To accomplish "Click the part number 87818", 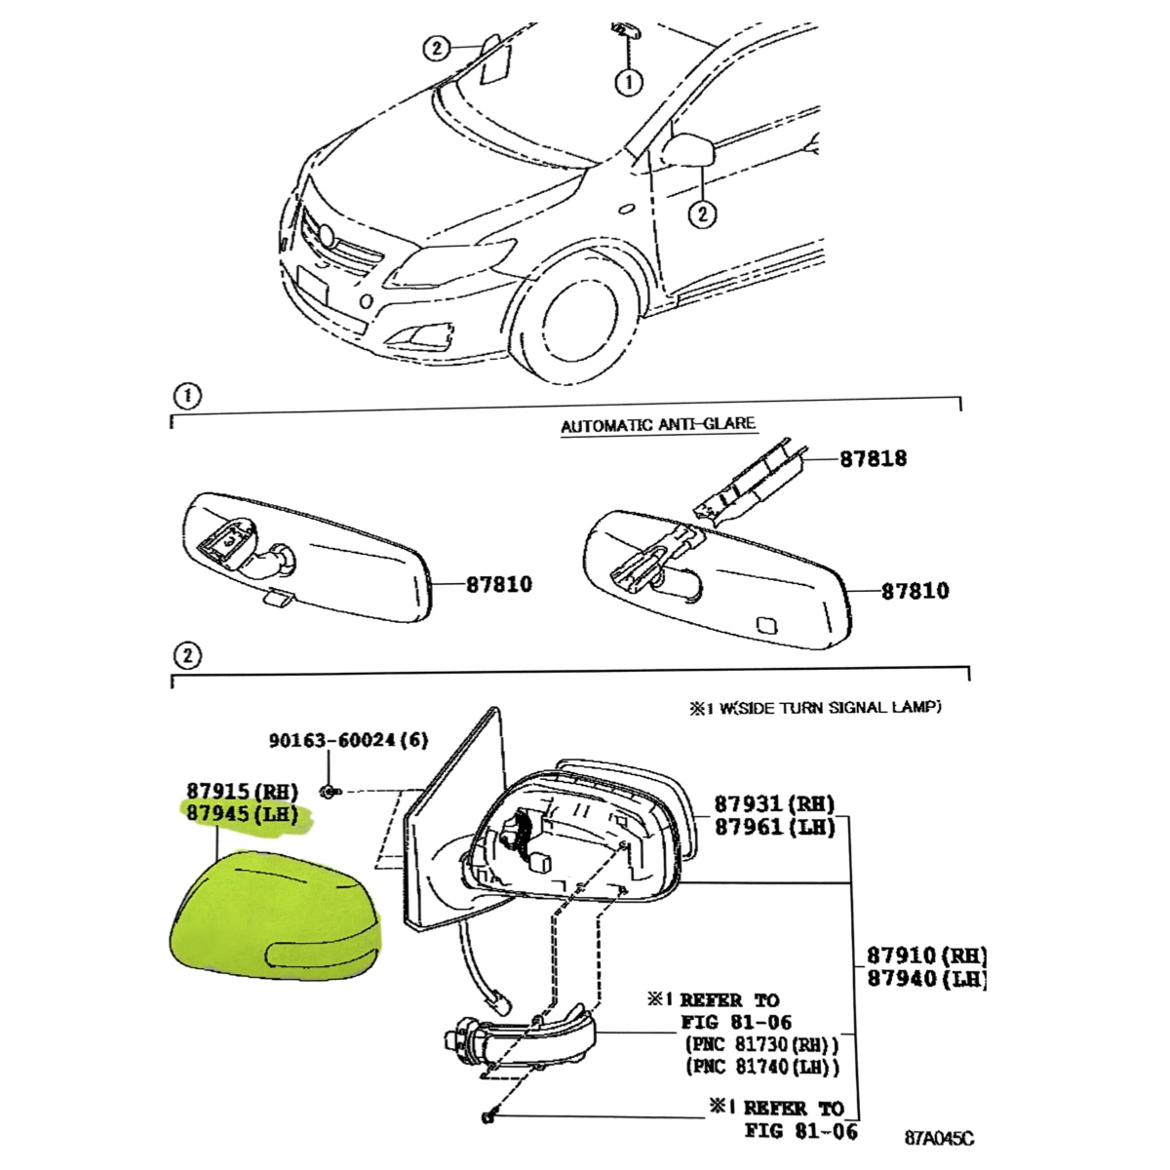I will pyautogui.click(x=873, y=457).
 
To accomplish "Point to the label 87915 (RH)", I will pyautogui.click(x=242, y=791).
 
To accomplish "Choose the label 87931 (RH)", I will pyautogui.click(x=774, y=804).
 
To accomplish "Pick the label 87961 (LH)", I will pyautogui.click(x=774, y=828).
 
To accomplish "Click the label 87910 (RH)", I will pyautogui.click(x=926, y=955).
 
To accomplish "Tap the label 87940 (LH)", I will pyautogui.click(x=926, y=979).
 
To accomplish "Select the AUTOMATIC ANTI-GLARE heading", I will pyautogui.click(x=658, y=425).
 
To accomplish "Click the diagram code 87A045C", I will pyautogui.click(x=939, y=1138).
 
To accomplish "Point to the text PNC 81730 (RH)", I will pyautogui.click(x=760, y=1045).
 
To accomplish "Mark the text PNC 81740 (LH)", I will pyautogui.click(x=760, y=1068).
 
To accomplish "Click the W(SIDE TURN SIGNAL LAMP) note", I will pyautogui.click(x=815, y=708).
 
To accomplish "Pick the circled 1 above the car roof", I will pyautogui.click(x=629, y=82).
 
